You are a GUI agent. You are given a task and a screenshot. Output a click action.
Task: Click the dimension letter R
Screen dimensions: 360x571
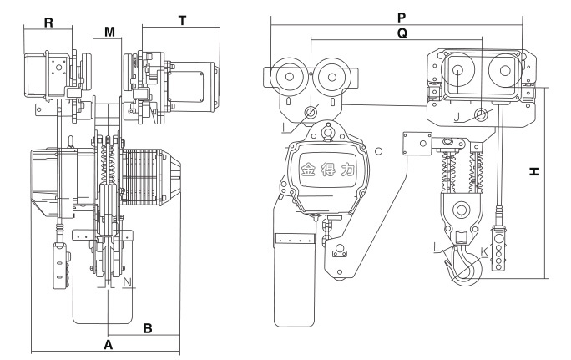tap(49, 23)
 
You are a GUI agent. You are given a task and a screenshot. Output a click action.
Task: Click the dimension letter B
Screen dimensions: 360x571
tap(147, 328)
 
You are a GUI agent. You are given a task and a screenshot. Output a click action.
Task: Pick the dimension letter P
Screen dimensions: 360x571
tap(403, 16)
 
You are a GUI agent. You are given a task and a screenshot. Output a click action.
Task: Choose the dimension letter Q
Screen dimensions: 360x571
tap(402, 35)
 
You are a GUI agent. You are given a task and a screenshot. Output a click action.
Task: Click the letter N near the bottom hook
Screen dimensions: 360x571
tap(127, 281)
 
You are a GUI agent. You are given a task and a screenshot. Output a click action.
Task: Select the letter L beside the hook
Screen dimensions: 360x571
tap(437, 247)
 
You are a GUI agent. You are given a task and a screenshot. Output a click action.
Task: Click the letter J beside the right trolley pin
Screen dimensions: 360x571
tap(458, 116)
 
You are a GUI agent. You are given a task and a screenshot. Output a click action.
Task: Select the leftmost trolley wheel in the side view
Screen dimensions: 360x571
tap(289, 78)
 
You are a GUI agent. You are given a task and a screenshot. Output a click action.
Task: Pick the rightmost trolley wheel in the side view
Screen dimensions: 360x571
tap(503, 72)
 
